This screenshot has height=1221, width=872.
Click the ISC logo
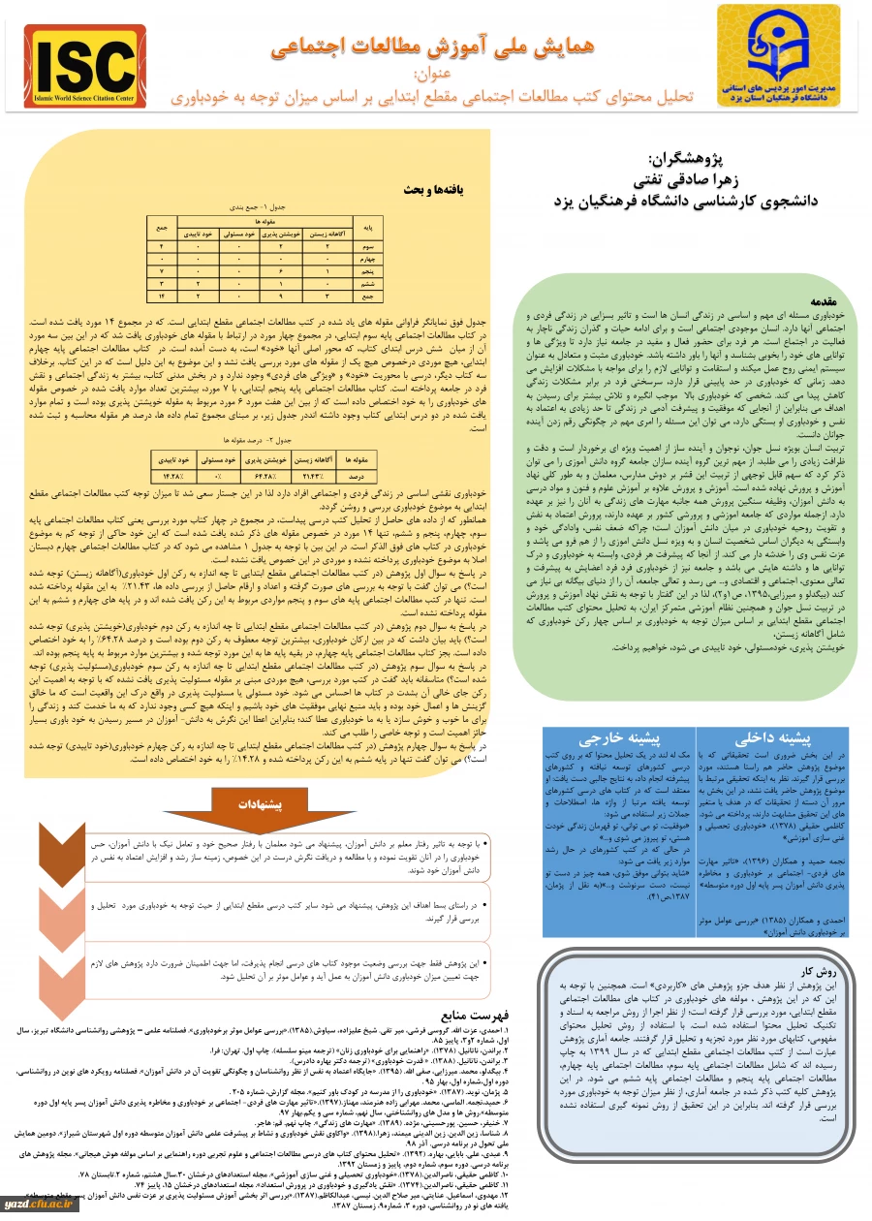coord(85,65)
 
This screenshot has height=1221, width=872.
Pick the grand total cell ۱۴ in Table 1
coord(160,293)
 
